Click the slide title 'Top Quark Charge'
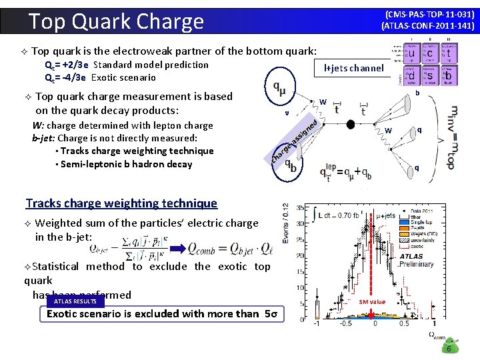click(x=117, y=21)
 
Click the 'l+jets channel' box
click(x=353, y=67)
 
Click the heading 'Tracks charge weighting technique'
click(x=121, y=203)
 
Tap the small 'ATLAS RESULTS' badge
click(x=75, y=301)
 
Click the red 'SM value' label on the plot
click(x=372, y=302)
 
